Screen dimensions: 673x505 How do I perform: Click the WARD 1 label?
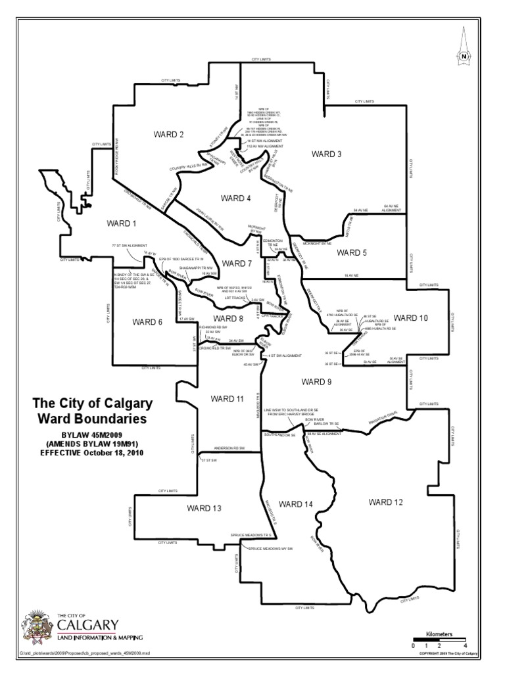(x=120, y=223)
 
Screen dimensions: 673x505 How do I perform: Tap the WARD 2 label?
(x=168, y=135)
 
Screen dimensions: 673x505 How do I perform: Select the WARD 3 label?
(x=327, y=154)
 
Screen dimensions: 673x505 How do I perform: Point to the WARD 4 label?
(x=236, y=198)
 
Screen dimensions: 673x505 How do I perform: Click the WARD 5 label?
(x=352, y=252)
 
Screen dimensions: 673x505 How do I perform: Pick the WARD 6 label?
(x=147, y=322)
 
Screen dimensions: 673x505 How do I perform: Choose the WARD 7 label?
(x=237, y=264)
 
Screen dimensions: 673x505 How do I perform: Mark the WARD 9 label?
(x=317, y=381)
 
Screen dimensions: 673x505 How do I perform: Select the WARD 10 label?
(x=411, y=318)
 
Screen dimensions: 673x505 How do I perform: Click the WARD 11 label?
(x=228, y=399)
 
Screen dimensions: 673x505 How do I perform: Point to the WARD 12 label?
(x=385, y=502)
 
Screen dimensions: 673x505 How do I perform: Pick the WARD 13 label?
(x=204, y=509)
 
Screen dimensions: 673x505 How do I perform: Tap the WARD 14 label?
(x=295, y=504)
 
